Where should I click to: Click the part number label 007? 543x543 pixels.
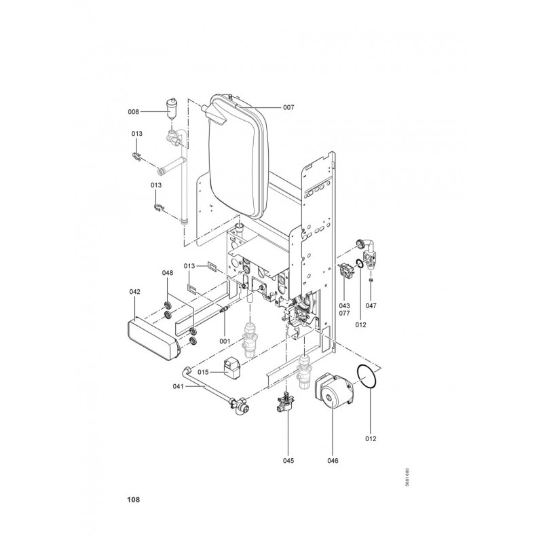pyautogui.click(x=288, y=107)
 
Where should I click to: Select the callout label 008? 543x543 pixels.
pyautogui.click(x=133, y=111)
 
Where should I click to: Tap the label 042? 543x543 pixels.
pyautogui.click(x=134, y=292)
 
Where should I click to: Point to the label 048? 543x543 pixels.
pyautogui.click(x=168, y=273)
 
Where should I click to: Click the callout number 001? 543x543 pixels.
pyautogui.click(x=225, y=341)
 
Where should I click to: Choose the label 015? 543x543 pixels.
pyautogui.click(x=203, y=372)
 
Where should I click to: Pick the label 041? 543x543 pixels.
pyautogui.click(x=179, y=386)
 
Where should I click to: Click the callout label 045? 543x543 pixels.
pyautogui.click(x=288, y=460)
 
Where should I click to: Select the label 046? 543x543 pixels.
pyautogui.click(x=333, y=460)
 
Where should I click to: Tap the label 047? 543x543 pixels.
pyautogui.click(x=371, y=306)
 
